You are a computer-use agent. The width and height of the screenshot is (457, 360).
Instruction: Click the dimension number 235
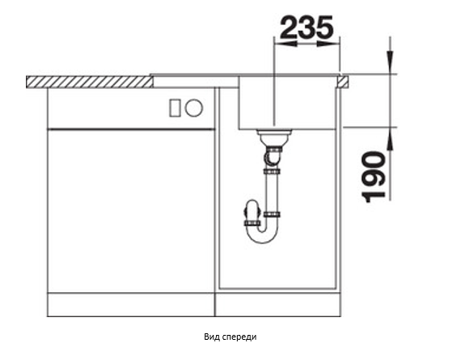307,28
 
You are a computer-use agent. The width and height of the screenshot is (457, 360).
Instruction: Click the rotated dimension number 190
374,176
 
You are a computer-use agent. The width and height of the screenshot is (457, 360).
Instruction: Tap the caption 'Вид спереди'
231,337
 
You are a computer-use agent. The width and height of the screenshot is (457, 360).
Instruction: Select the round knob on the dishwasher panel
194,108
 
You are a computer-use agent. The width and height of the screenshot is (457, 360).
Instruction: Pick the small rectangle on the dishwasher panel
175,108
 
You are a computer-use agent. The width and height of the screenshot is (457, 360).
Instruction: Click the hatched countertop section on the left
90,82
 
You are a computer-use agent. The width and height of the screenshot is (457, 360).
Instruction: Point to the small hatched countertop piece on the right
343,82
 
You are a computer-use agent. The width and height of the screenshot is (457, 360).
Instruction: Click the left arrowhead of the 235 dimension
286,44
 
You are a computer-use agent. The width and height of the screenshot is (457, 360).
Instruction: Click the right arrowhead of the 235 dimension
328,44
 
